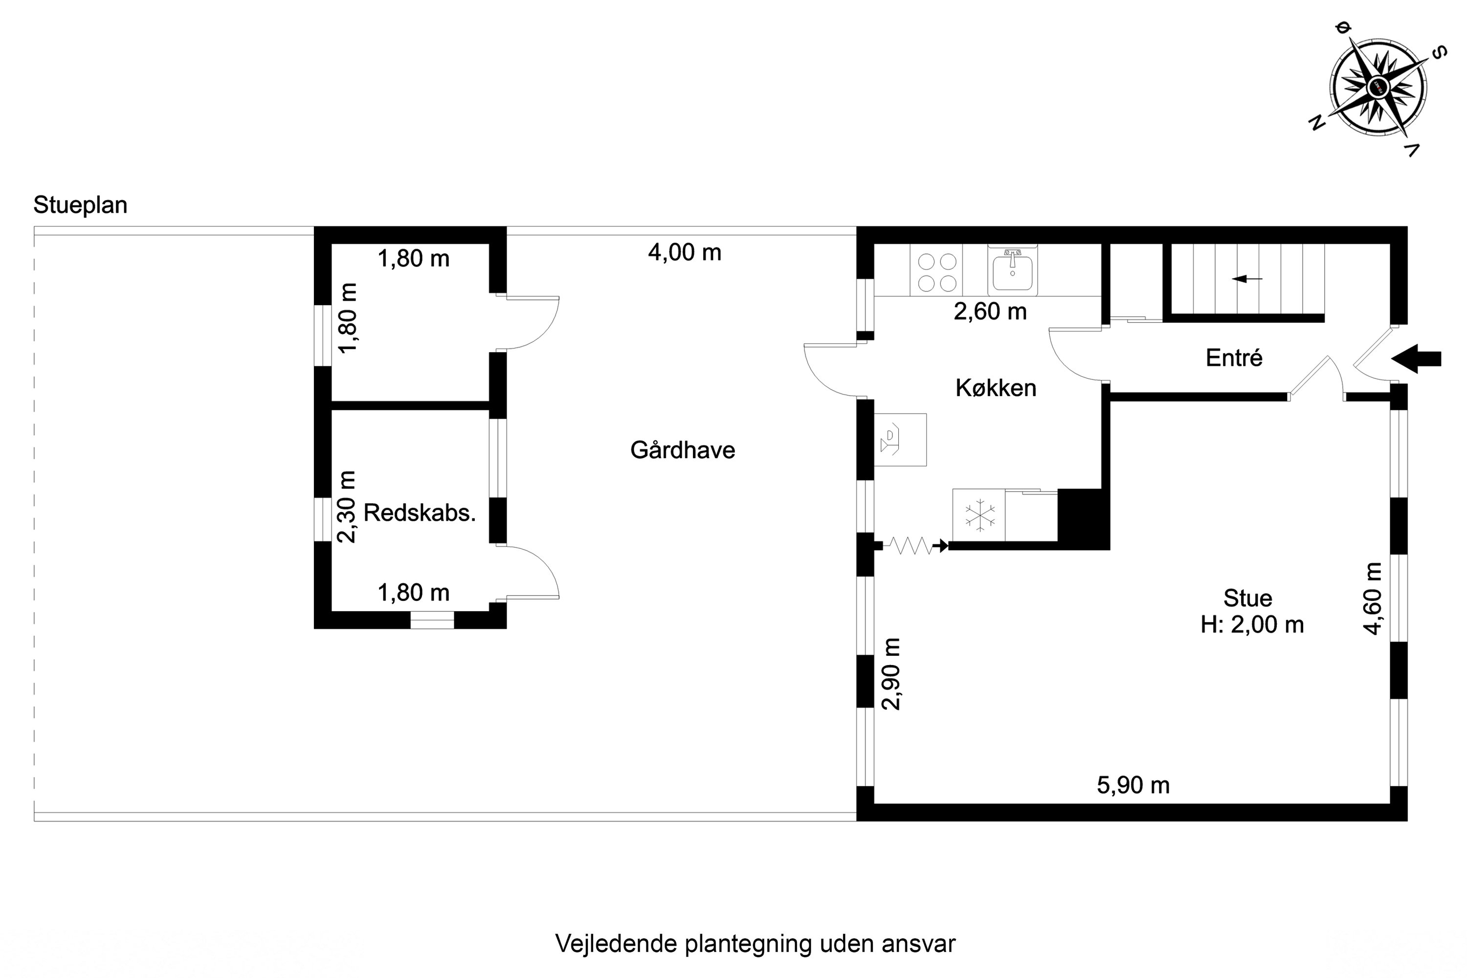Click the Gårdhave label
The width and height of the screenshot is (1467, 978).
tap(682, 450)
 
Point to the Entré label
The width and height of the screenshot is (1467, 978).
tap(1234, 358)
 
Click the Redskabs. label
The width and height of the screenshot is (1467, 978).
tap(419, 512)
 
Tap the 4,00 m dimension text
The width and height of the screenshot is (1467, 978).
tap(684, 253)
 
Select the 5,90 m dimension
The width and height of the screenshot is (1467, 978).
tap(1133, 785)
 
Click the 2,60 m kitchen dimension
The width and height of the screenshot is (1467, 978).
tap(990, 311)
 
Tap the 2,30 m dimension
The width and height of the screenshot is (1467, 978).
tap(346, 507)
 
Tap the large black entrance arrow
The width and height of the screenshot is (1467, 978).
tap(1416, 358)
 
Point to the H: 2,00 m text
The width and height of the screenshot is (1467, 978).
tap(1252, 625)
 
